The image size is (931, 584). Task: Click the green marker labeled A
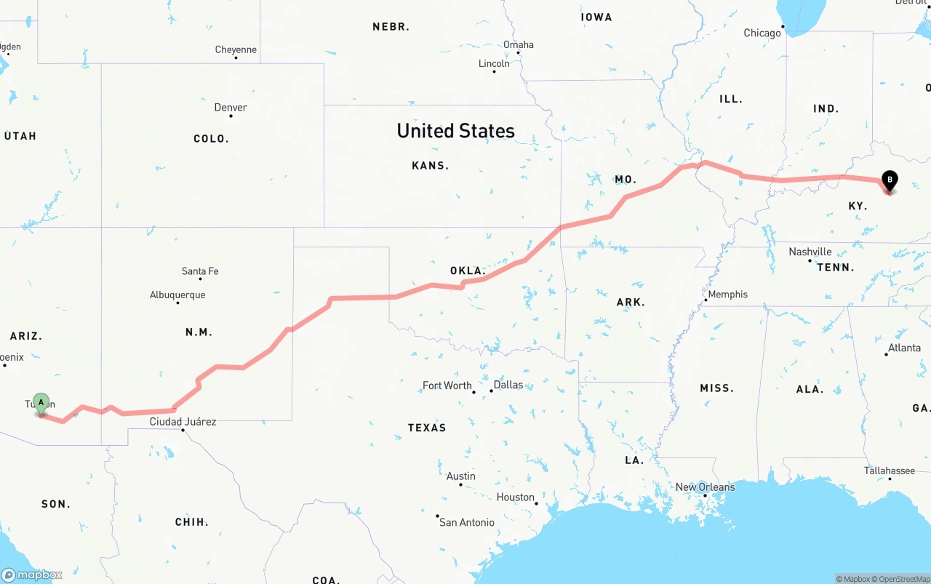[41, 402]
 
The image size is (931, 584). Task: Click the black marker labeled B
[889, 180]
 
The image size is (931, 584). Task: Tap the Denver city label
[231, 108]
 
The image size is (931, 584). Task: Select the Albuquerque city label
[177, 295]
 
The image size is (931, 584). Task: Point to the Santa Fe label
[200, 271]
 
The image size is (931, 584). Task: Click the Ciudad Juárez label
[183, 422]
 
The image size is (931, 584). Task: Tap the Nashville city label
[810, 252]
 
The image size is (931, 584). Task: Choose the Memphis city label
[727, 295]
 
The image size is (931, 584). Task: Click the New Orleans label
[705, 487]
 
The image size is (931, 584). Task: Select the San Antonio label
[467, 522]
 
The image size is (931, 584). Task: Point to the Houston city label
[516, 497]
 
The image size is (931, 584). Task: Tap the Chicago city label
[762, 33]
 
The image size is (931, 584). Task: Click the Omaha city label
[519, 44]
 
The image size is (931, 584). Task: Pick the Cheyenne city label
[236, 49]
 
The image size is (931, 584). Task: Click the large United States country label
[455, 131]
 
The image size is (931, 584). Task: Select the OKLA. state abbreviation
[467, 271]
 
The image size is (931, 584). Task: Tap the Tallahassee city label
[890, 471]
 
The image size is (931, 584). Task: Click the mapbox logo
[32, 575]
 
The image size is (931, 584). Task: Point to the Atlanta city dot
[887, 354]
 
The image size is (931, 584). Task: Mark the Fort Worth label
[447, 385]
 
